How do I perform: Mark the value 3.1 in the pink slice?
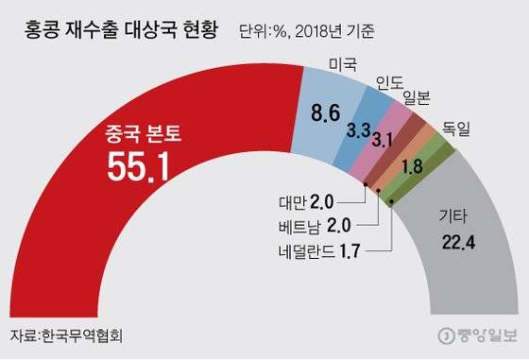[x=383, y=142]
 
